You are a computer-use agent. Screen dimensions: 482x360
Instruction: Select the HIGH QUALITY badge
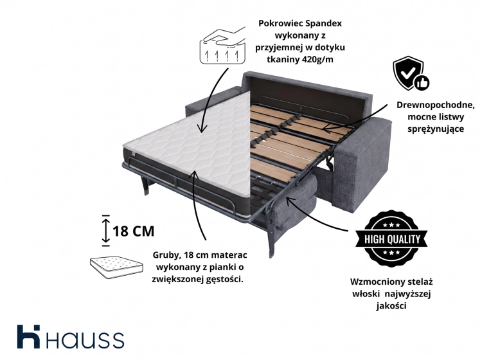391,239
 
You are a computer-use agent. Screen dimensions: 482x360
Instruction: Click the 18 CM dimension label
134,231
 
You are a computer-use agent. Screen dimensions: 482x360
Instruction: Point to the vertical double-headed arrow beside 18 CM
106,231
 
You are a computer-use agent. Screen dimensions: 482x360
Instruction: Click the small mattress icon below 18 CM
116,267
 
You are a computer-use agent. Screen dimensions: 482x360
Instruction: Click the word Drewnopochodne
435,105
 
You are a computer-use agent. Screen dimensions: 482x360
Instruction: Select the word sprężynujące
436,129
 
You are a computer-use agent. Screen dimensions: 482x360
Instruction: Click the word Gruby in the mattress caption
165,255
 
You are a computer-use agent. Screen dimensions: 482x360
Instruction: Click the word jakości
391,306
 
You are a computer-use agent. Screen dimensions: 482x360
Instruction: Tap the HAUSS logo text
85,339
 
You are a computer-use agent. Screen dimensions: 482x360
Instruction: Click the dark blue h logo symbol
28,337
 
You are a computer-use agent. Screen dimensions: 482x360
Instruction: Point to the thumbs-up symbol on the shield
422,83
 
